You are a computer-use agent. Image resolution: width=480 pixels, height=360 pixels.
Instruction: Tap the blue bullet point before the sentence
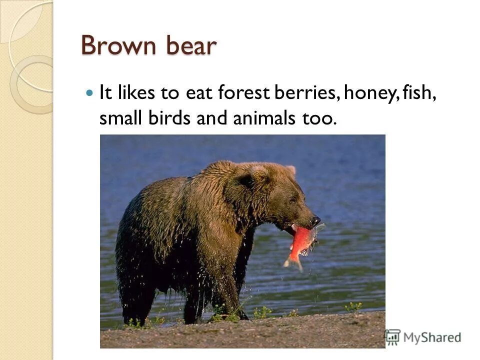(x=89, y=93)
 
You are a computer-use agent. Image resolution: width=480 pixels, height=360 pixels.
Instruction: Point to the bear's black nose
(x=315, y=219)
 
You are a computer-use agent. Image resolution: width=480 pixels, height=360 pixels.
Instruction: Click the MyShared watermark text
(x=432, y=337)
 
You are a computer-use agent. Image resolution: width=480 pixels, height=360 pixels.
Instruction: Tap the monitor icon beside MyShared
(x=393, y=336)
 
